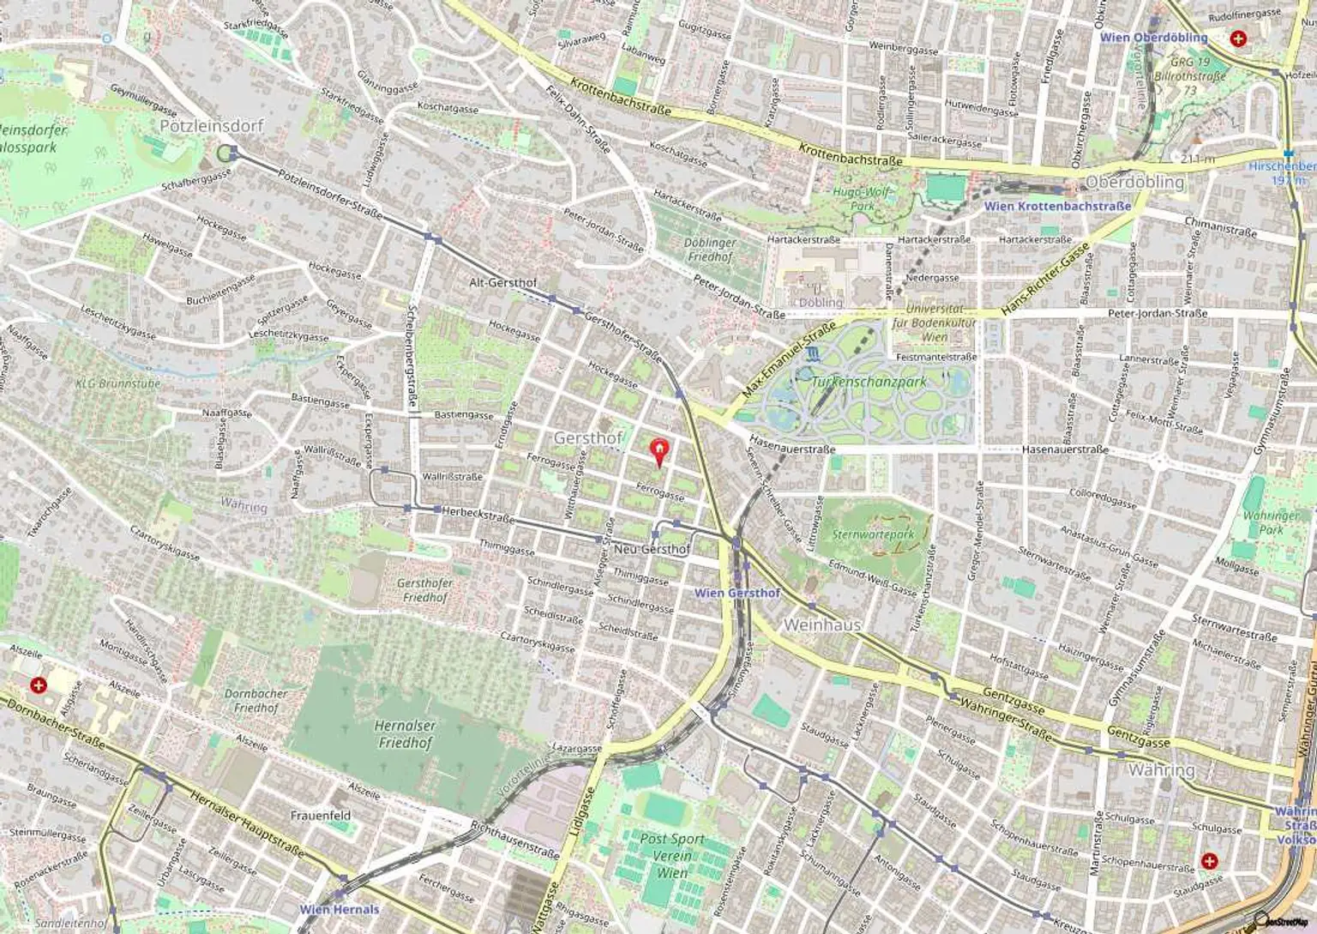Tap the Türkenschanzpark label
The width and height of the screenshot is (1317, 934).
868,382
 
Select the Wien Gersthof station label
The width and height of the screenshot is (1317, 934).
737,593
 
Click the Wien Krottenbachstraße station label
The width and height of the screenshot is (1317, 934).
1057,206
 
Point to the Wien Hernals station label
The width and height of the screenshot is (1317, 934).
339,909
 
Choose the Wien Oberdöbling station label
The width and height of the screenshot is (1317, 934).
1153,38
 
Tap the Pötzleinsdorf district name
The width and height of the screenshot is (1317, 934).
212,125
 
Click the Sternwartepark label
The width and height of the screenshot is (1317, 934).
874,533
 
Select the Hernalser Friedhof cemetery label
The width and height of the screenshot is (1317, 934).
405,734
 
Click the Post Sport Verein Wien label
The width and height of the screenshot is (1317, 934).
672,856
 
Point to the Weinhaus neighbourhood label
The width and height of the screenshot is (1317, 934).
821,625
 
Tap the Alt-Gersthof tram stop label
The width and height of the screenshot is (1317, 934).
502,282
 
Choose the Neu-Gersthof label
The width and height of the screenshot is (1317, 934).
652,549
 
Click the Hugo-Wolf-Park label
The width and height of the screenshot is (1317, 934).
862,199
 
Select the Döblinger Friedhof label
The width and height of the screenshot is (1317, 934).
710,250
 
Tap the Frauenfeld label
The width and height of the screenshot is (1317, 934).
320,816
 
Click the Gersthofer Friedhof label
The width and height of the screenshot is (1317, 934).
424,590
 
